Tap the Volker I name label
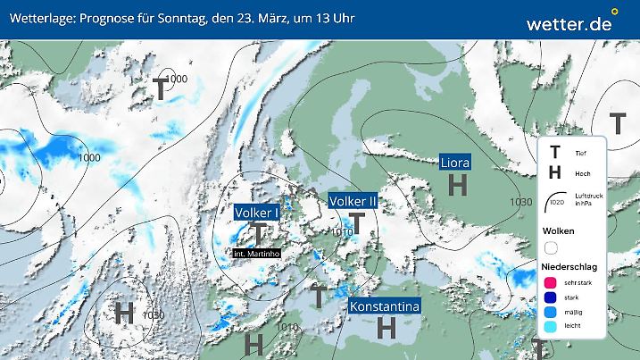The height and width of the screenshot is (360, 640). point(258,213)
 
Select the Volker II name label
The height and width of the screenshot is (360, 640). point(354,202)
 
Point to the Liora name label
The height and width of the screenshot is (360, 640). point(455,163)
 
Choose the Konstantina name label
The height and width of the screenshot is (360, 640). point(385,307)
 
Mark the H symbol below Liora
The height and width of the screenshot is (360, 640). point(458,185)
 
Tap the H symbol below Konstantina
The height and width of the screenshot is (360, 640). point(386,329)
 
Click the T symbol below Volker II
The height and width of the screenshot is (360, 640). point(357,222)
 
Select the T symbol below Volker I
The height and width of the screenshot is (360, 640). point(259,233)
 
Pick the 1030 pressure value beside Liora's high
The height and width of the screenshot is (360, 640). point(521,202)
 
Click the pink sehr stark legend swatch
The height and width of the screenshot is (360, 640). point(551,282)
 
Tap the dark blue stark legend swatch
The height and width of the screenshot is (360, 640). point(551,298)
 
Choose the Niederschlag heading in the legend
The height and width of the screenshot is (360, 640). point(571,266)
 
